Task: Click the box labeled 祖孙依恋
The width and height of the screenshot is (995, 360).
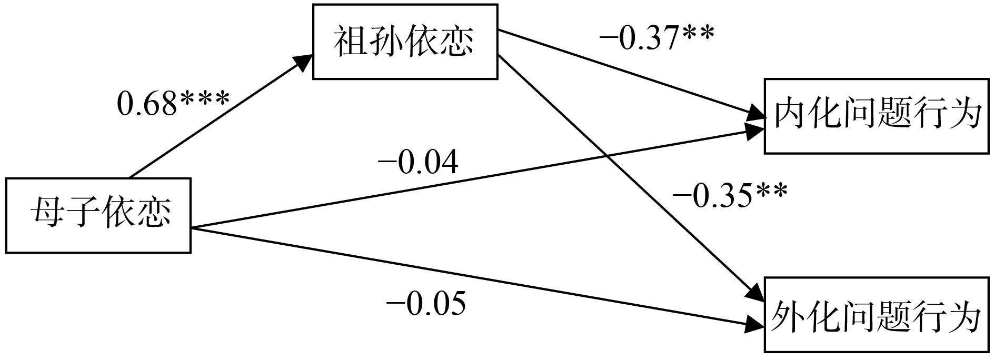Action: tap(405, 42)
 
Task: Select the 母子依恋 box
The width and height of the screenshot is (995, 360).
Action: tap(98, 216)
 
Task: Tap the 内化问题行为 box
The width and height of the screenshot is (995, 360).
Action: tap(877, 116)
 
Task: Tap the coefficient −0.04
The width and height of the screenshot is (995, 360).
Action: tap(419, 163)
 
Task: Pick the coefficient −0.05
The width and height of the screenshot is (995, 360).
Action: tap(426, 304)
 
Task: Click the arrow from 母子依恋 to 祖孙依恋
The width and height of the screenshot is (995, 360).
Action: tap(216, 118)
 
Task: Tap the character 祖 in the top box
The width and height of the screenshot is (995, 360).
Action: tap(349, 42)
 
